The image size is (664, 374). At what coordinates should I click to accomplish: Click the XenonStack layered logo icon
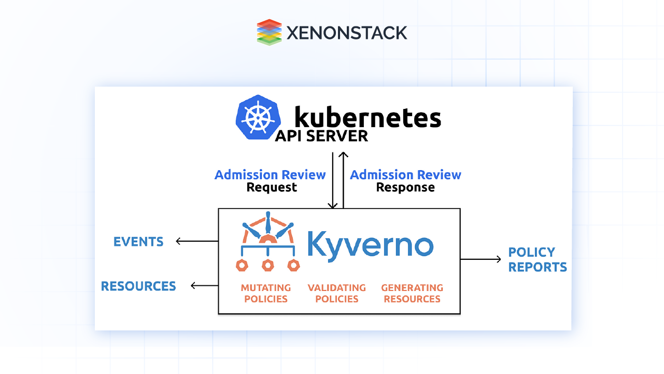(x=269, y=32)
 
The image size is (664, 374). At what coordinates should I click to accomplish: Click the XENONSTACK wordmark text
(x=346, y=33)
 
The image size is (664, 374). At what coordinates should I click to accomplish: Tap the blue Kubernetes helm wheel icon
(x=258, y=117)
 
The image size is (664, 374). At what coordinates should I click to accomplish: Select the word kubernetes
(x=367, y=117)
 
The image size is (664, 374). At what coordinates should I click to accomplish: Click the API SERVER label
(x=321, y=136)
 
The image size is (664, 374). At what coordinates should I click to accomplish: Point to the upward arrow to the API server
(x=343, y=179)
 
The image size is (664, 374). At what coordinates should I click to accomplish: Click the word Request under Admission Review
(x=272, y=187)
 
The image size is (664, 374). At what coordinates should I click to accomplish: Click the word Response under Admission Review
(x=405, y=187)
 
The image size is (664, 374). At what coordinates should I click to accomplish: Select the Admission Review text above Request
(x=270, y=175)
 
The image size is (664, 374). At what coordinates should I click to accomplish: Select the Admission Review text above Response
(x=405, y=175)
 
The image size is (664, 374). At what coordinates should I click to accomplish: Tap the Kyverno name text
(x=370, y=244)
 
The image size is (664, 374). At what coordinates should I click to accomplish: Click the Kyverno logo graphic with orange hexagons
(x=267, y=241)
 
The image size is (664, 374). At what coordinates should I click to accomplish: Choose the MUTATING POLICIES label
(x=266, y=293)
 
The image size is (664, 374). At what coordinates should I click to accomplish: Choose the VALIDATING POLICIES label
(x=337, y=293)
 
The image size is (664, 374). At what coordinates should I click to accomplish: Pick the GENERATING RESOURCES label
(x=412, y=293)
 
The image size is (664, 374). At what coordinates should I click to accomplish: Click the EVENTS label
(x=138, y=242)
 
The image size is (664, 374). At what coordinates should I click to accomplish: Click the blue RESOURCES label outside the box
(x=138, y=286)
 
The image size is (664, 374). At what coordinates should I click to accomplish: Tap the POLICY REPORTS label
(x=538, y=259)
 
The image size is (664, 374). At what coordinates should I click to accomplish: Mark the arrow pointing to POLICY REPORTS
(x=481, y=259)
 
